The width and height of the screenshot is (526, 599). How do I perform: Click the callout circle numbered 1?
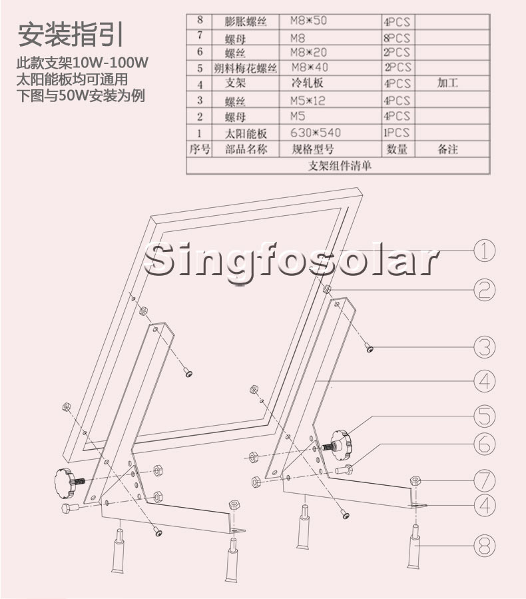point(485,250)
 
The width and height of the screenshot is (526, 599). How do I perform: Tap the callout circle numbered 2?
point(485,289)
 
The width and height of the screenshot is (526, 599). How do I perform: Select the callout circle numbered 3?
point(485,346)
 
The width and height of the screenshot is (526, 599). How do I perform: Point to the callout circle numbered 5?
point(485,416)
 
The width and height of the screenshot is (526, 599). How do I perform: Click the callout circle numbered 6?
point(485,442)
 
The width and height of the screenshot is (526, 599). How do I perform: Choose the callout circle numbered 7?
point(485,479)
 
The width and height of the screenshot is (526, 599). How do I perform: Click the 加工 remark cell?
point(447,84)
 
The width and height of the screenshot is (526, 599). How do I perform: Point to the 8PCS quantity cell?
point(397,38)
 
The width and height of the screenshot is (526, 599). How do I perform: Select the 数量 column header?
point(397,150)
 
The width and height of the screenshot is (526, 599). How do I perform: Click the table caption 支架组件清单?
point(340,166)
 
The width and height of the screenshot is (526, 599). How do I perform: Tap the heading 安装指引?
point(71,33)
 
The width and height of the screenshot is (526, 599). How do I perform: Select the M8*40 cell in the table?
point(310,67)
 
